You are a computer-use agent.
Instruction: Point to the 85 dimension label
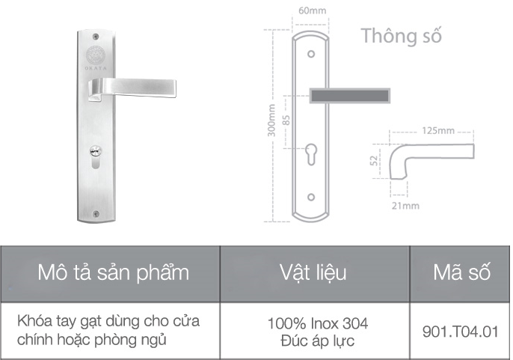[x=286, y=120]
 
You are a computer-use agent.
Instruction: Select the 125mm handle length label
[x=438, y=131]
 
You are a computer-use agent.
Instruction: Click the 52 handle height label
[x=374, y=160]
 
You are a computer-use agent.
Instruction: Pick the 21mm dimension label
[x=405, y=204]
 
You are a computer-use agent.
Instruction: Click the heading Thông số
[x=401, y=35]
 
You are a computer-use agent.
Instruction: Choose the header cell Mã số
[x=461, y=272]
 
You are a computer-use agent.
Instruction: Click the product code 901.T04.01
[x=460, y=330]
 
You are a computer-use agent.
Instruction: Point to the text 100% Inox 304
[x=317, y=323]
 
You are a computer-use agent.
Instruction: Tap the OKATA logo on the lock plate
[x=95, y=56]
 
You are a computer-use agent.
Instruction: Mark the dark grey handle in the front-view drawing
[x=350, y=95]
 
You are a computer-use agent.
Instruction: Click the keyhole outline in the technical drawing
[x=311, y=155]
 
